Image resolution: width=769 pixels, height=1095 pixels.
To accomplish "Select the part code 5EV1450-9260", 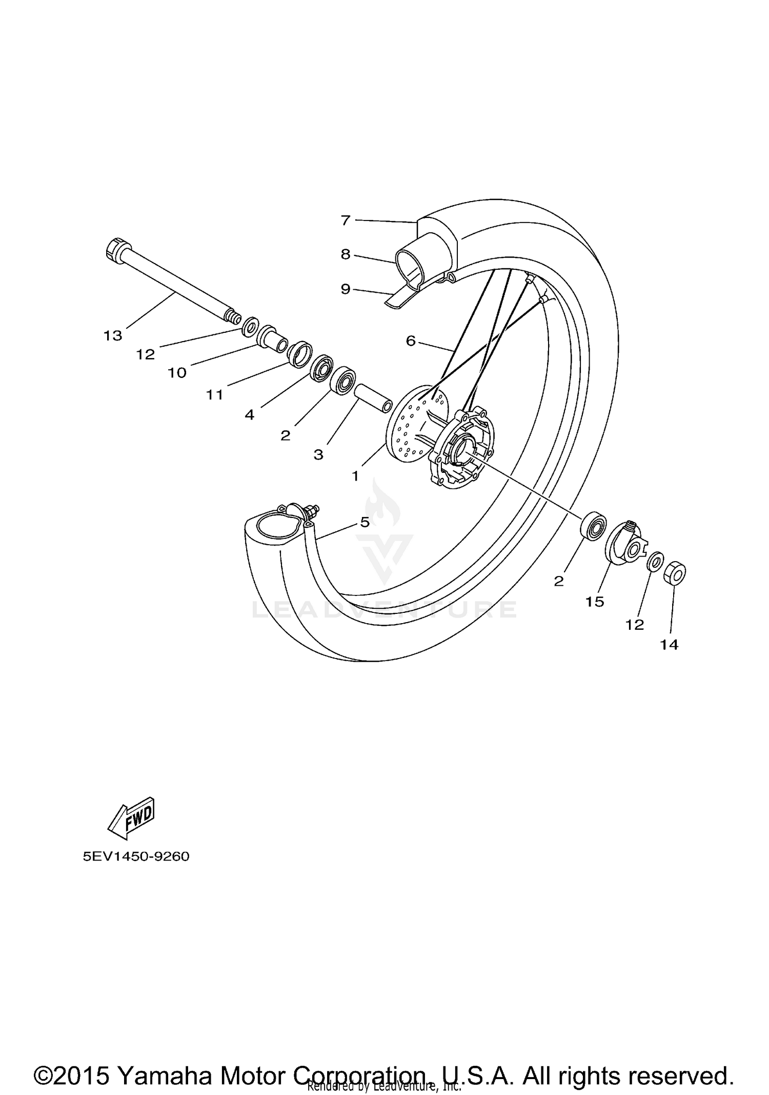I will tap(136, 857).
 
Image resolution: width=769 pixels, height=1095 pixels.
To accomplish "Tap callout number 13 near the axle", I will tap(113, 336).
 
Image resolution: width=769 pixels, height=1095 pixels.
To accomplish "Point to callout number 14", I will tap(669, 645).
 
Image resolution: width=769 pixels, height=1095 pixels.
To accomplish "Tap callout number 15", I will tap(595, 602).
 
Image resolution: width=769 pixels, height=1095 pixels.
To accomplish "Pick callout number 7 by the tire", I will tap(346, 221).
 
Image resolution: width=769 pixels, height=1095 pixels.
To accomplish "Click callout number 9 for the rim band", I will tap(346, 289).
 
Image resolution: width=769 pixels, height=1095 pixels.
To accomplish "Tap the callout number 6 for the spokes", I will tap(410, 341).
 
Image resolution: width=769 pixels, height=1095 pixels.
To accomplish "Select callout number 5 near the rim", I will tap(365, 522).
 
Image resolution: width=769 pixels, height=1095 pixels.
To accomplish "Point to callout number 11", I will tap(215, 394).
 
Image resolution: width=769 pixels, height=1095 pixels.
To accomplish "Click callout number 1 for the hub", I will tap(355, 476).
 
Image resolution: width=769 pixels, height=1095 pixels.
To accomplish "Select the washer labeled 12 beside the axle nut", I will tap(655, 562).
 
